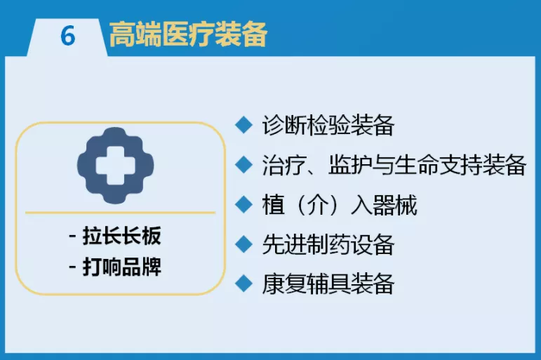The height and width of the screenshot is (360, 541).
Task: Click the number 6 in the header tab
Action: click(x=67, y=36)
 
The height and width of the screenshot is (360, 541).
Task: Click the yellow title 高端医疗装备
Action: click(x=188, y=34)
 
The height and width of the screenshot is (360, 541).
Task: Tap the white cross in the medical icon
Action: click(x=115, y=166)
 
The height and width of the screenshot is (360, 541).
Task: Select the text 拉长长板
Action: click(x=122, y=236)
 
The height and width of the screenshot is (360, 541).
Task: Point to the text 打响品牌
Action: click(x=122, y=267)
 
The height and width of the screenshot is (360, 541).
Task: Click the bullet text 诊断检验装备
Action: click(x=328, y=125)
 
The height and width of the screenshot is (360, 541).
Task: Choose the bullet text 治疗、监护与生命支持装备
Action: click(x=394, y=165)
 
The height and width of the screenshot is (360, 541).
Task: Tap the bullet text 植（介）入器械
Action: click(x=340, y=205)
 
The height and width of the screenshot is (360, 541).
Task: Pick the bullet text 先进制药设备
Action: click(x=328, y=244)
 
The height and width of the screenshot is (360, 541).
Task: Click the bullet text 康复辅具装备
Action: click(x=328, y=284)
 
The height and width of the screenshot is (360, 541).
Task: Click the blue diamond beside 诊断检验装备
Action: click(x=244, y=125)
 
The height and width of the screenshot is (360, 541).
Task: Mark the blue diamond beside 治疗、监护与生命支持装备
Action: click(x=244, y=165)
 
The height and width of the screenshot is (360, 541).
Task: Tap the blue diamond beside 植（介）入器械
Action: click(x=244, y=204)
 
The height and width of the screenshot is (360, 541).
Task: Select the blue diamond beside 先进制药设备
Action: click(x=244, y=244)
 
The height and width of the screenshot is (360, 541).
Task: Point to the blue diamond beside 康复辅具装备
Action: click(x=244, y=284)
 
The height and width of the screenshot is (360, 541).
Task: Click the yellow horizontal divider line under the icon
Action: click(x=121, y=213)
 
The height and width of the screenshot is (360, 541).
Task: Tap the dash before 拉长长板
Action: click(x=72, y=236)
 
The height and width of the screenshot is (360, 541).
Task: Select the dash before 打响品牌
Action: click(x=72, y=267)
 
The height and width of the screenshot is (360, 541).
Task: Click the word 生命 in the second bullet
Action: click(x=416, y=165)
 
